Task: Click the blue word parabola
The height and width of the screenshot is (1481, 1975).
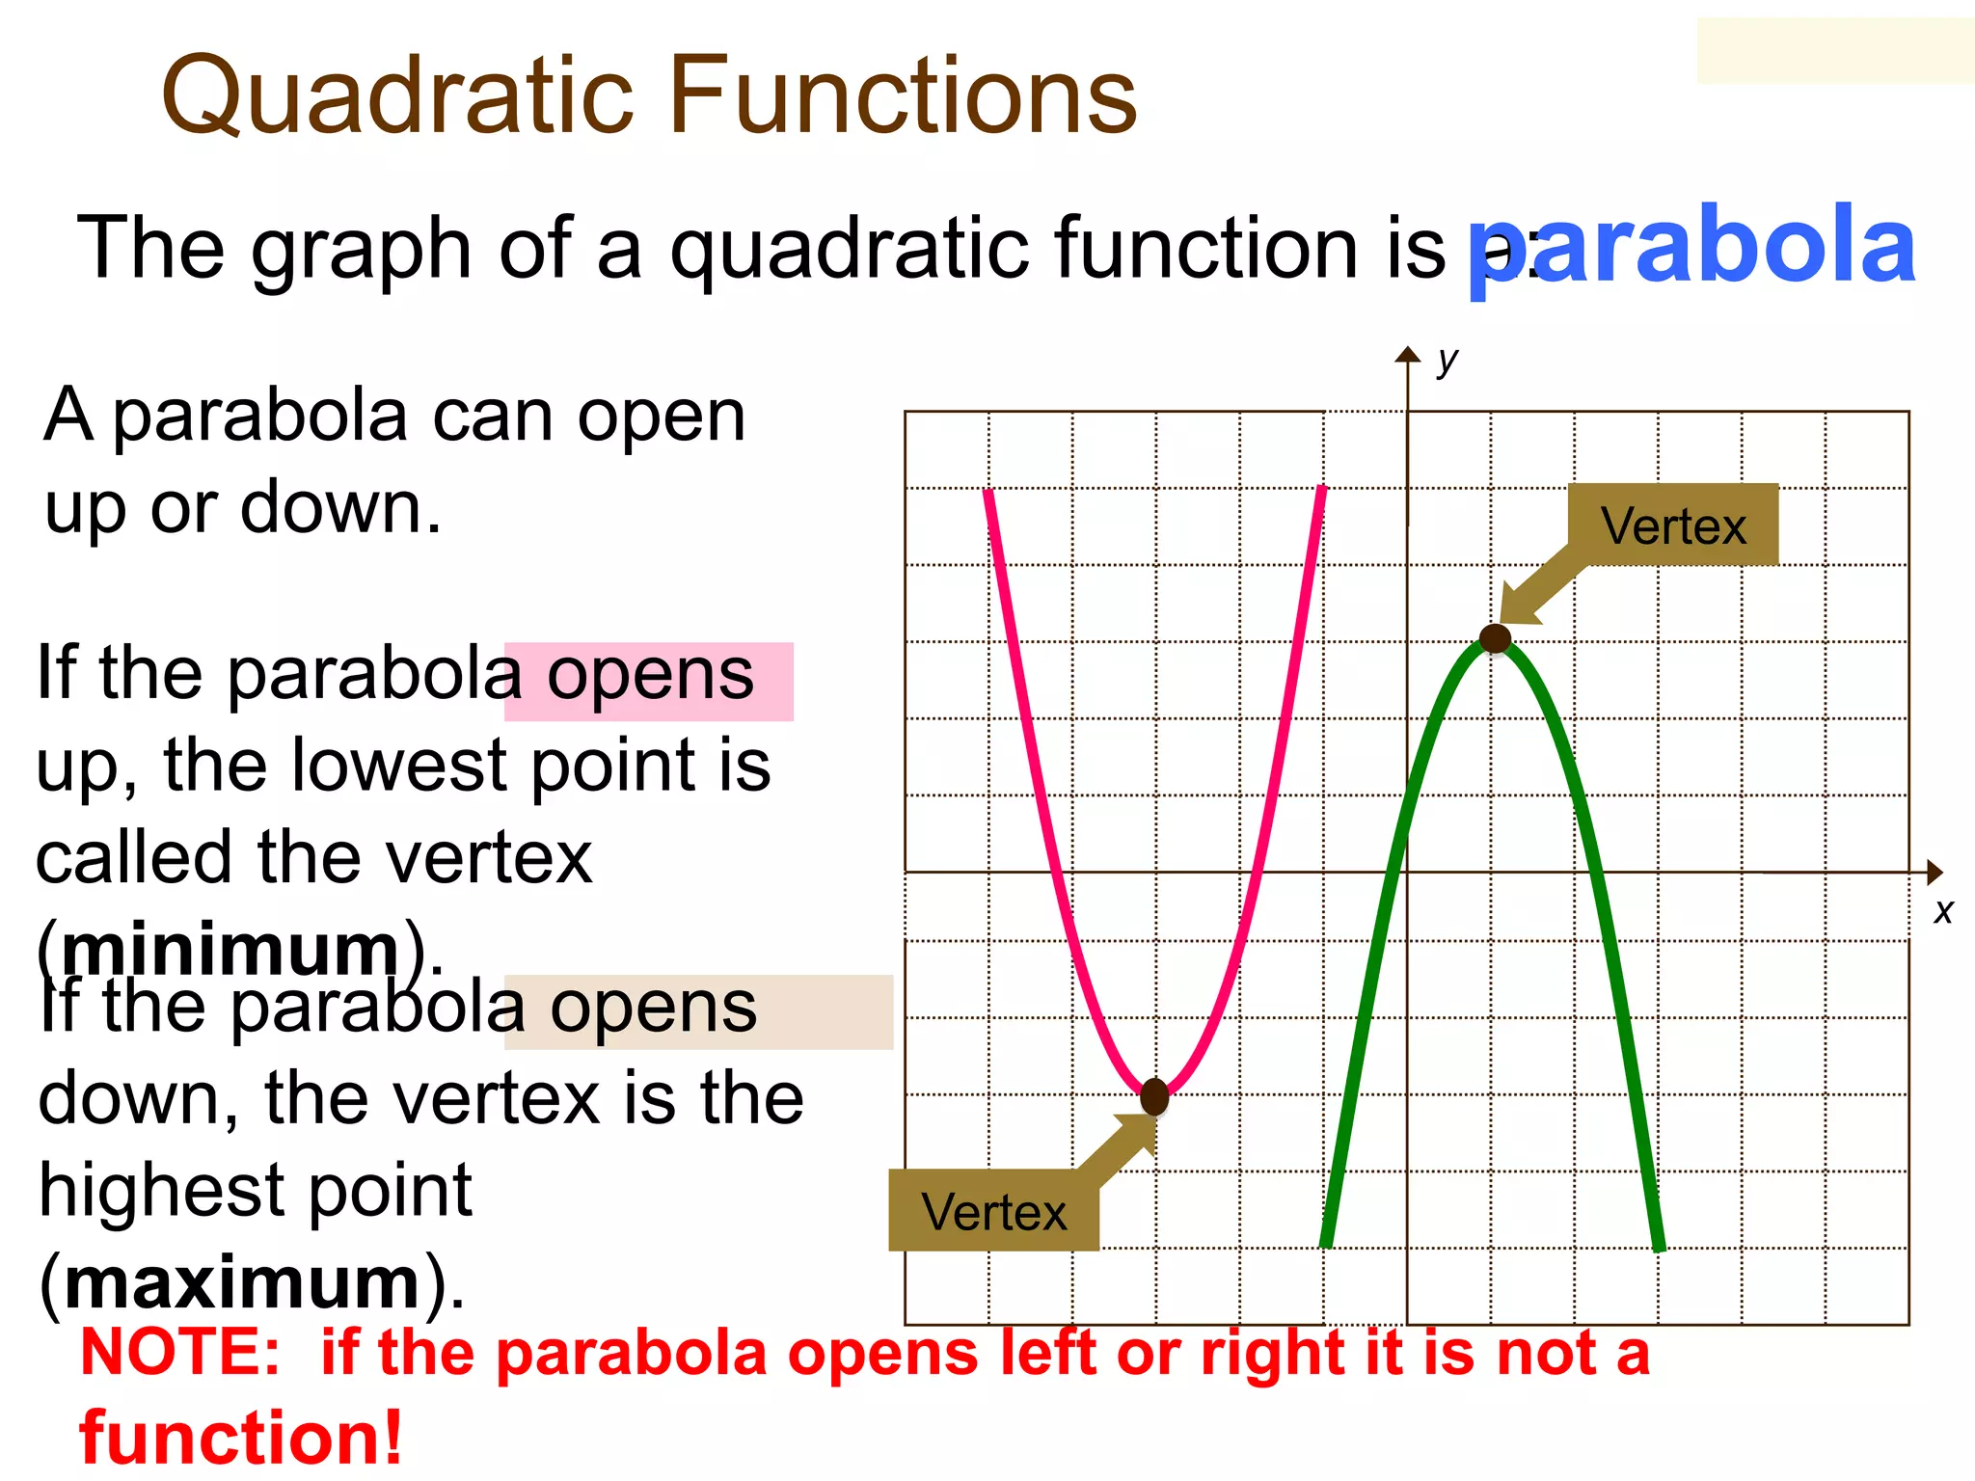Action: (1690, 249)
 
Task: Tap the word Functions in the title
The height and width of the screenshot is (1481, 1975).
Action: (901, 96)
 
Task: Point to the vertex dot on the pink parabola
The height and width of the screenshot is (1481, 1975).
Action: (1154, 1096)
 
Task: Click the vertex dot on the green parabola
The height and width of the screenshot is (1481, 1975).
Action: (1495, 638)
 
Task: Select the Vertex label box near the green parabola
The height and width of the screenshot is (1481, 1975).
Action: (1673, 525)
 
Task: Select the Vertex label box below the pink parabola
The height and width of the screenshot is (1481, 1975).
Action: (993, 1211)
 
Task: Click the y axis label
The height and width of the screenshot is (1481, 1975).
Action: (1447, 361)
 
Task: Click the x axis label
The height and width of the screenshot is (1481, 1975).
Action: (1942, 911)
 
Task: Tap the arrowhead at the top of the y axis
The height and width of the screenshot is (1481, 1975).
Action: (1408, 355)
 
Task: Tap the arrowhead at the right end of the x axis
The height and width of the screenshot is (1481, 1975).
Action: (1934, 873)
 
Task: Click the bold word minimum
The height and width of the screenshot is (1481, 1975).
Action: (230, 950)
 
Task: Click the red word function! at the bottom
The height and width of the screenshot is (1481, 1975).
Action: (240, 1438)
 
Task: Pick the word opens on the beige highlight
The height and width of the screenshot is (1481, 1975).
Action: (653, 1009)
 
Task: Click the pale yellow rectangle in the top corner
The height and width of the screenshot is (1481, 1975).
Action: (1834, 50)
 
